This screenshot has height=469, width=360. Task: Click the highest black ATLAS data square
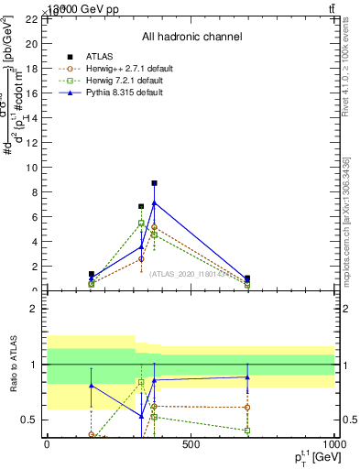tap(154, 183)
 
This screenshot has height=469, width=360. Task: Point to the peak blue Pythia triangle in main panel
tap(154, 202)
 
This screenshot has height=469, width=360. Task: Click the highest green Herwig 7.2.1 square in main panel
tap(141, 223)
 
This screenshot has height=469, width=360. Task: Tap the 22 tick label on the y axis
tap(30, 18)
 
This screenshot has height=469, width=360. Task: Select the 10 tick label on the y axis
tap(30, 168)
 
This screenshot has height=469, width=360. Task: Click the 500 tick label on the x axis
tap(191, 444)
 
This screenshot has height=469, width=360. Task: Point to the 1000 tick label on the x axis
tap(334, 444)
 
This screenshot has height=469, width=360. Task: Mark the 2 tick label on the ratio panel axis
tap(32, 309)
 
